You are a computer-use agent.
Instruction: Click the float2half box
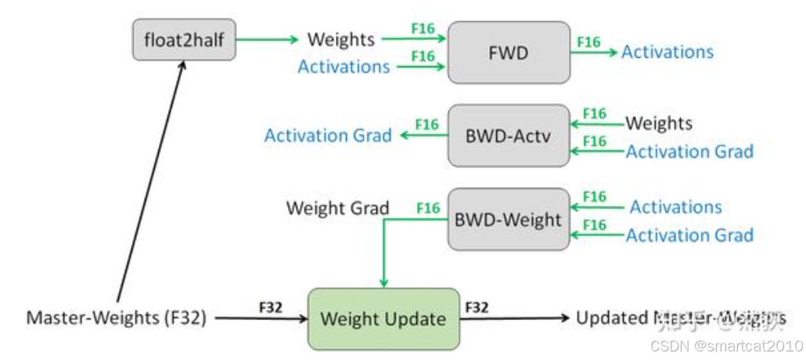[184, 40]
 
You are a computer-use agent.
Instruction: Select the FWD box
[508, 52]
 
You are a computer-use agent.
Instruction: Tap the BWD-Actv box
[508, 135]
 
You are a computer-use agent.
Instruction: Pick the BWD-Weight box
[508, 218]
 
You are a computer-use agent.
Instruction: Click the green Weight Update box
[383, 319]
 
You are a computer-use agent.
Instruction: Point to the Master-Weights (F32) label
[117, 319]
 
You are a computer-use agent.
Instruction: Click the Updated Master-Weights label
[681, 319]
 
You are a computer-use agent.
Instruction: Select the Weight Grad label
[337, 208]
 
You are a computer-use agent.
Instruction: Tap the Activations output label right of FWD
[667, 52]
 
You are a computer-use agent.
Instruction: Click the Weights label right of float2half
[340, 39]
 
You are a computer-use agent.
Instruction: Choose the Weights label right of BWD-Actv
[659, 124]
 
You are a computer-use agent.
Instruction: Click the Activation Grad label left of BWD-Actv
[328, 135]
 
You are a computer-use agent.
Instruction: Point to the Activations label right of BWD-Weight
[675, 207]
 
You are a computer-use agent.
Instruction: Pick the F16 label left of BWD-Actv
[427, 124]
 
